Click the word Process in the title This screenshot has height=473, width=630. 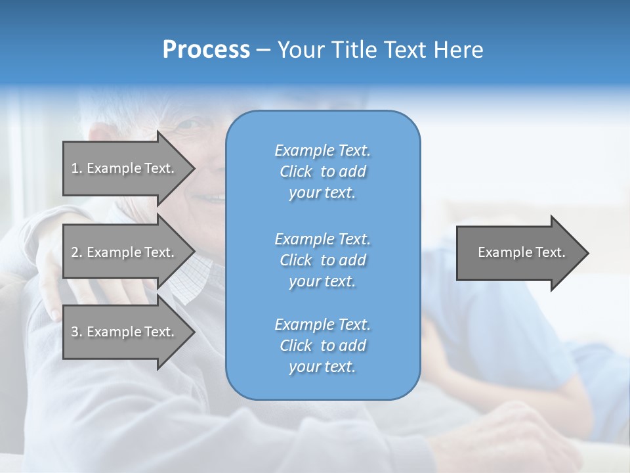pos(206,50)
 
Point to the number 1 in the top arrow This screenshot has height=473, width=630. pos(75,168)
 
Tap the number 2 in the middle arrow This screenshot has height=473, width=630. pos(75,252)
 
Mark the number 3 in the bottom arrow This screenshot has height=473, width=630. pos(75,332)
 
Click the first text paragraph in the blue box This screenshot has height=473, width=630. pos(322,171)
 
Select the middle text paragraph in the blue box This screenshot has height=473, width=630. pos(322,260)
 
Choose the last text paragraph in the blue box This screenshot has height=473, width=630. pos(322,346)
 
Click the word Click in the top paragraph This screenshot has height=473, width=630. pos(296,171)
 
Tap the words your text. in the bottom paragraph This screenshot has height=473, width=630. pos(322,367)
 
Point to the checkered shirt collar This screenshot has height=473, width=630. pos(192,279)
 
